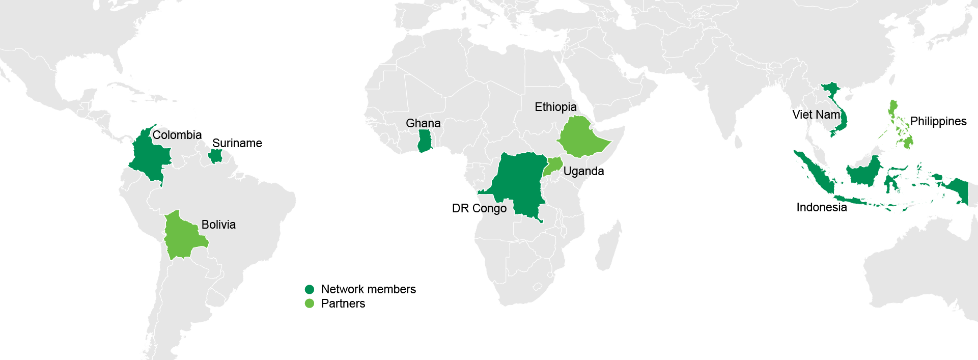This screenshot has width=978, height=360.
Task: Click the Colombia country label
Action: [x=177, y=135]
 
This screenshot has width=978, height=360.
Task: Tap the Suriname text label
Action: [x=237, y=143]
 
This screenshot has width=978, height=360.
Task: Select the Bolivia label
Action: [x=218, y=225]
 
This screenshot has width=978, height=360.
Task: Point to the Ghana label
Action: [x=423, y=123]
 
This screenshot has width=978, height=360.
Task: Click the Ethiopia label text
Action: [x=555, y=107]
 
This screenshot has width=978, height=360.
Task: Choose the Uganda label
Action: [x=583, y=171]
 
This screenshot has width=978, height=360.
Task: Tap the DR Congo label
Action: [x=479, y=208]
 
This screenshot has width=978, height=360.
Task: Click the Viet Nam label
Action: [x=816, y=115]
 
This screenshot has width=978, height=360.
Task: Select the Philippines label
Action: [x=938, y=121]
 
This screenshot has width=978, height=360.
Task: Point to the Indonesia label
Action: [x=821, y=207]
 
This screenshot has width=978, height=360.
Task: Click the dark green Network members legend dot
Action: [x=310, y=289]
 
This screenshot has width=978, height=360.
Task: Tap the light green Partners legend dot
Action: [x=310, y=303]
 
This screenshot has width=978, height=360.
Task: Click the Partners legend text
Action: [x=343, y=303]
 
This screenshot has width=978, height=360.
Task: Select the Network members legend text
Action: [x=368, y=289]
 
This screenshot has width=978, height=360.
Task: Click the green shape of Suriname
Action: [x=216, y=156]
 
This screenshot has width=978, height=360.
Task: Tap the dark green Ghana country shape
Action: [x=425, y=141]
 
